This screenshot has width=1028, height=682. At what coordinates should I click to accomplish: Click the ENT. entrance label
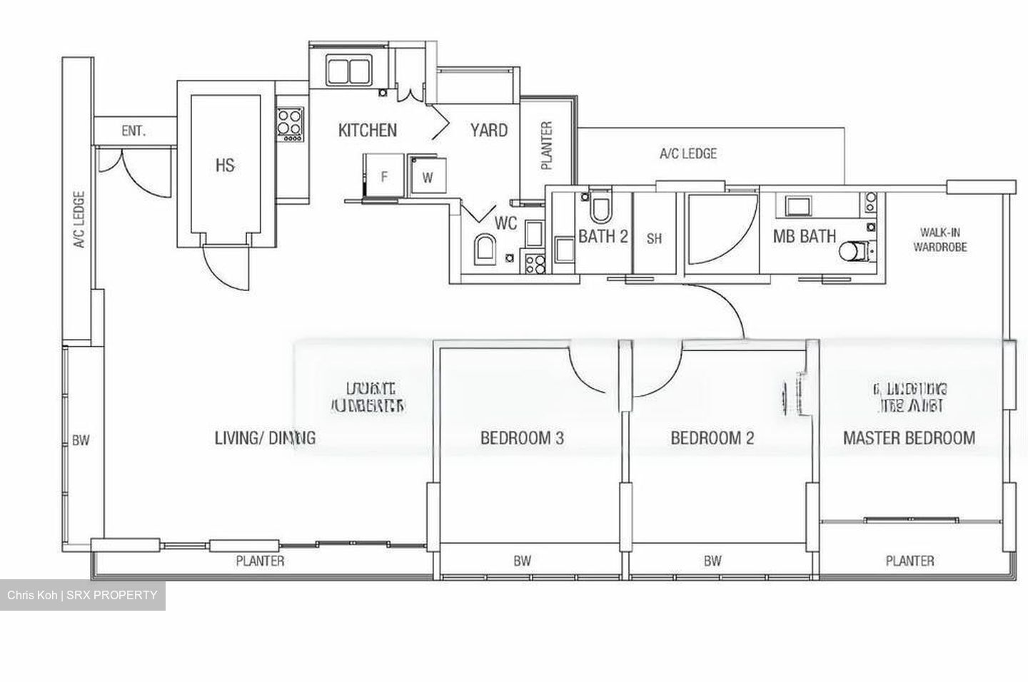133,131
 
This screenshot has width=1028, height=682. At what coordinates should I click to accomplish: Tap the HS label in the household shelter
225,166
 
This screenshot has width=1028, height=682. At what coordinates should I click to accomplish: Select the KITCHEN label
367,131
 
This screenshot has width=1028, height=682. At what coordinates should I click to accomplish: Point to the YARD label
488,131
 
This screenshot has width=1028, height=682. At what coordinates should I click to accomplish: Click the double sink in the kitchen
348,71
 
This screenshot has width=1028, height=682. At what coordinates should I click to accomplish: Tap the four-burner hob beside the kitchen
290,123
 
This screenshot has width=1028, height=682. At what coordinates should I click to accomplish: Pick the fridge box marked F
384,176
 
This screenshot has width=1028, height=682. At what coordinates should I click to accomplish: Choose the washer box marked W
427,177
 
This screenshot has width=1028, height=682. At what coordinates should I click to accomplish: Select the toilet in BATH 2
600,208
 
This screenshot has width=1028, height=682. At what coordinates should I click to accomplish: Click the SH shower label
654,238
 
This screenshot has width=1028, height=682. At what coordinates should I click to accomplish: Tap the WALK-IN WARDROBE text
943,240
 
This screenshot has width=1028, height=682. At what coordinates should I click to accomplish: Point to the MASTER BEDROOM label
909,437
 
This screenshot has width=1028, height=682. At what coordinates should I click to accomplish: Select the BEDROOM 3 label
522,437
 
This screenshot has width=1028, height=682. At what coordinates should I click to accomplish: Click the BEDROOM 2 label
712,437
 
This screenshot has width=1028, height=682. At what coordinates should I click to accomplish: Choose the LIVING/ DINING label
265,437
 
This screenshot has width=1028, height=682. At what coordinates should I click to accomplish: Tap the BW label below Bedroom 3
523,561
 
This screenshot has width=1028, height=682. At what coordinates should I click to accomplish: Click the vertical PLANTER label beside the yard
547,146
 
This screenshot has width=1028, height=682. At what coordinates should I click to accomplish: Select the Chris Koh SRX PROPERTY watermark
82,596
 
